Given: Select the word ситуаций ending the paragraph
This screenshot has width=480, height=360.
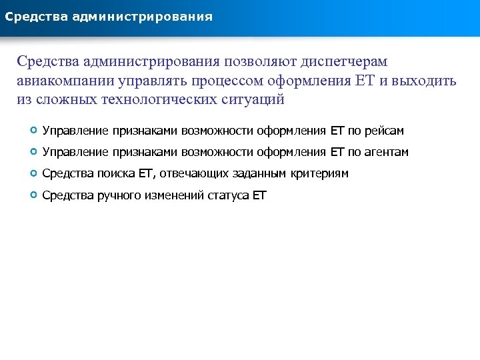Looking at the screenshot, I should click(253, 100).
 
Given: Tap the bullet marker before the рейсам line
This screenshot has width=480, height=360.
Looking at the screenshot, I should click(33, 131).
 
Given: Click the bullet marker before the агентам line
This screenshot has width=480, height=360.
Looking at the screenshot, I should click(33, 152).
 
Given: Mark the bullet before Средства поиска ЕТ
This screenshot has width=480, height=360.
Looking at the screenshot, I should click(33, 173).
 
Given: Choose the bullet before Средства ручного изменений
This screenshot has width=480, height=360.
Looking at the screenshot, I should click(33, 195).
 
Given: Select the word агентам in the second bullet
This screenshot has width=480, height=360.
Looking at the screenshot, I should click(387, 153).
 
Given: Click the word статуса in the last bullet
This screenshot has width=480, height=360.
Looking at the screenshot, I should click(229, 195).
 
